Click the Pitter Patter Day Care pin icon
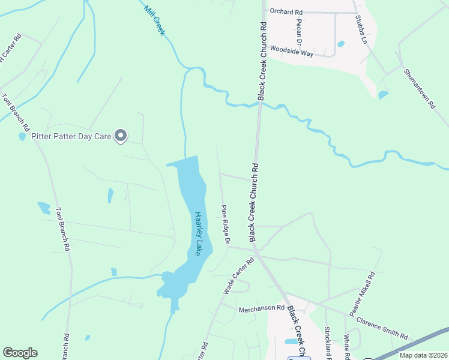tap(121, 136)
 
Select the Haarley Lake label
tap(199, 233)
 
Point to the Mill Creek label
tap(154, 20)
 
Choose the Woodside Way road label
tap(292, 52)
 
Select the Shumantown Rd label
tap(419, 89)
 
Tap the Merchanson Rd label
tap(261, 308)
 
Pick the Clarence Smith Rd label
tap(382, 328)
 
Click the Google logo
tap(20, 352)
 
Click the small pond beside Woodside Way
tap(341, 44)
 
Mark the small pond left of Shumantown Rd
tap(383, 95)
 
